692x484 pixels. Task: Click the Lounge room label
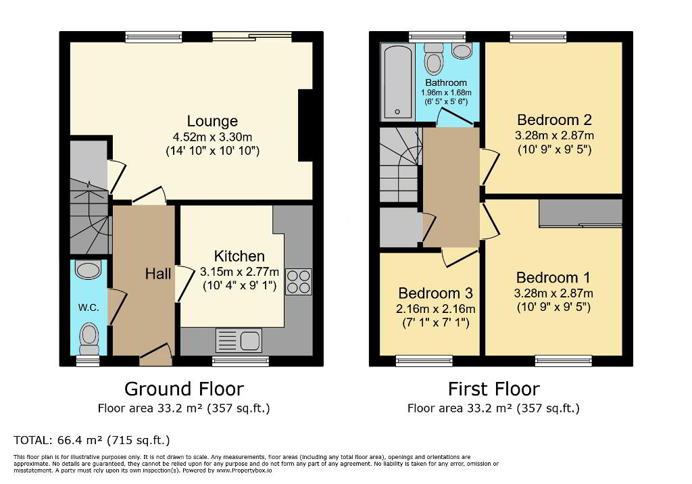212,121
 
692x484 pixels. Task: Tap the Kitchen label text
239,256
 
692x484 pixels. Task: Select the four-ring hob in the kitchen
299,282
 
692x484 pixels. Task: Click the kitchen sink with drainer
239,340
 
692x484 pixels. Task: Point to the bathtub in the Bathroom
397,82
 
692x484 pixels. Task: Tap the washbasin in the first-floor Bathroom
462,51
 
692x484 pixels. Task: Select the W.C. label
89,308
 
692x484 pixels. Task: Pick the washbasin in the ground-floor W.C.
89,270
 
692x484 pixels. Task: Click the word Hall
158,274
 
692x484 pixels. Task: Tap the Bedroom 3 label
436,293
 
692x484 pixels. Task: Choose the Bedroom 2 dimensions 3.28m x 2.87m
554,136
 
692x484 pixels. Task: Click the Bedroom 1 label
553,278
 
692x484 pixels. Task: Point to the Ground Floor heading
184,389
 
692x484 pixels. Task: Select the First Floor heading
494,389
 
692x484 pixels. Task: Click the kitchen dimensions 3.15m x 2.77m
240,272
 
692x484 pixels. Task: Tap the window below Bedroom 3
424,361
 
